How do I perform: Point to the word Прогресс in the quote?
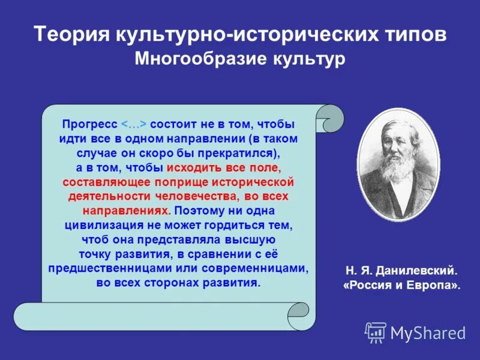pos(89,124)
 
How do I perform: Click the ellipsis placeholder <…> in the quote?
pos(134,124)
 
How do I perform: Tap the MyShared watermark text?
pos(428,332)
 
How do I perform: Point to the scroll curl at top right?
pos(329,118)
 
